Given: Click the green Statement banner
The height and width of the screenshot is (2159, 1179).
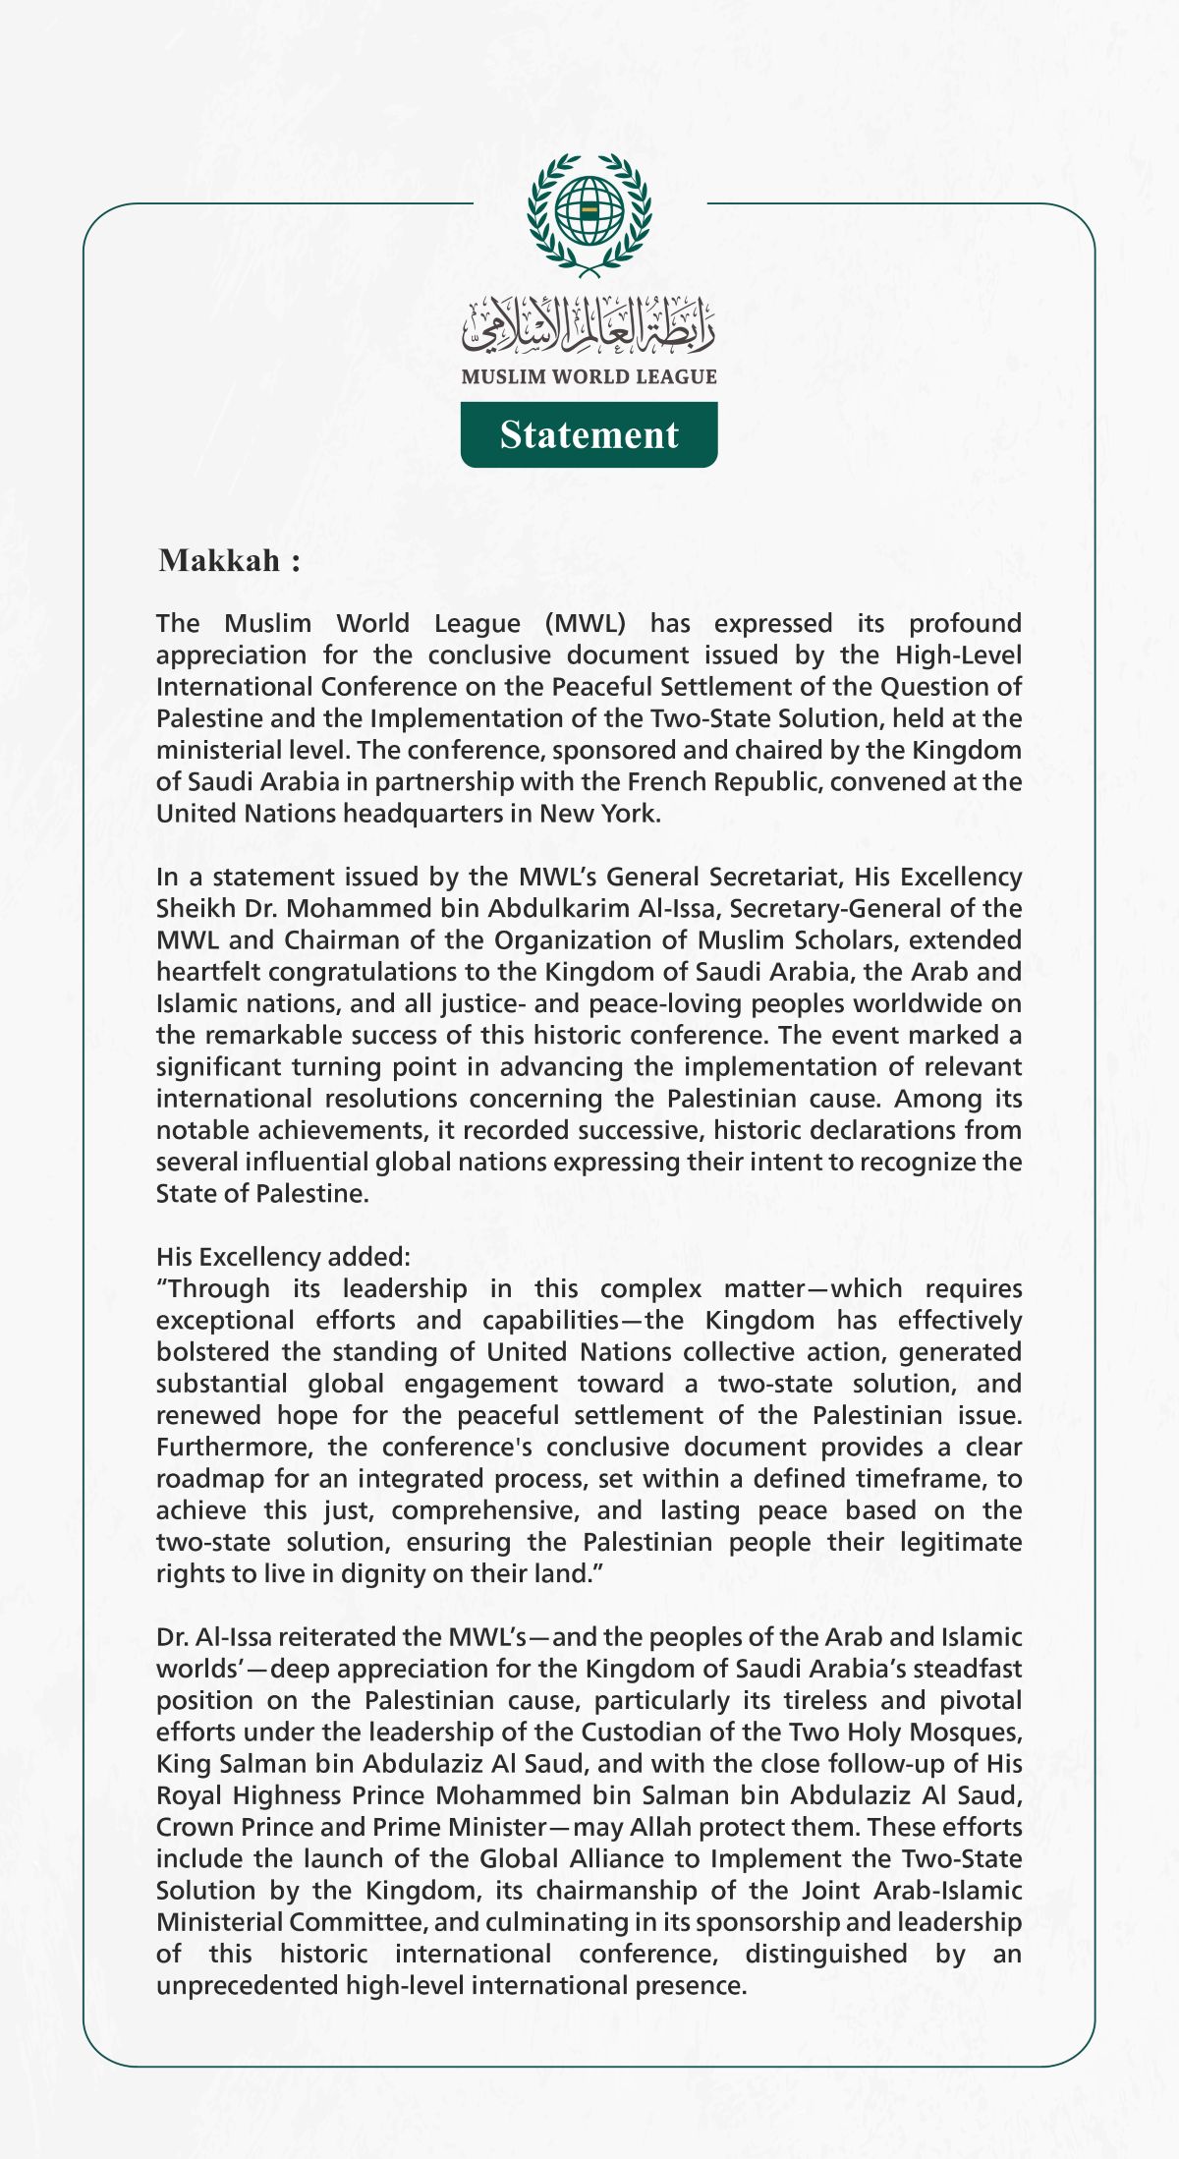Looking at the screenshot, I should [x=589, y=434].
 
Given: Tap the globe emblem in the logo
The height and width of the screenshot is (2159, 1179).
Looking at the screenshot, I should [x=589, y=211].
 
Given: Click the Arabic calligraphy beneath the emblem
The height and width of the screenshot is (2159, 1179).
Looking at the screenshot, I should [x=589, y=325].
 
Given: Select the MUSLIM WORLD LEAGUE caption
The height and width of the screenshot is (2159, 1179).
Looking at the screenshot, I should [x=589, y=376].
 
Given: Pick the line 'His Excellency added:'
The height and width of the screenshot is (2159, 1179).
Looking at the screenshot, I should [x=283, y=1256].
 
